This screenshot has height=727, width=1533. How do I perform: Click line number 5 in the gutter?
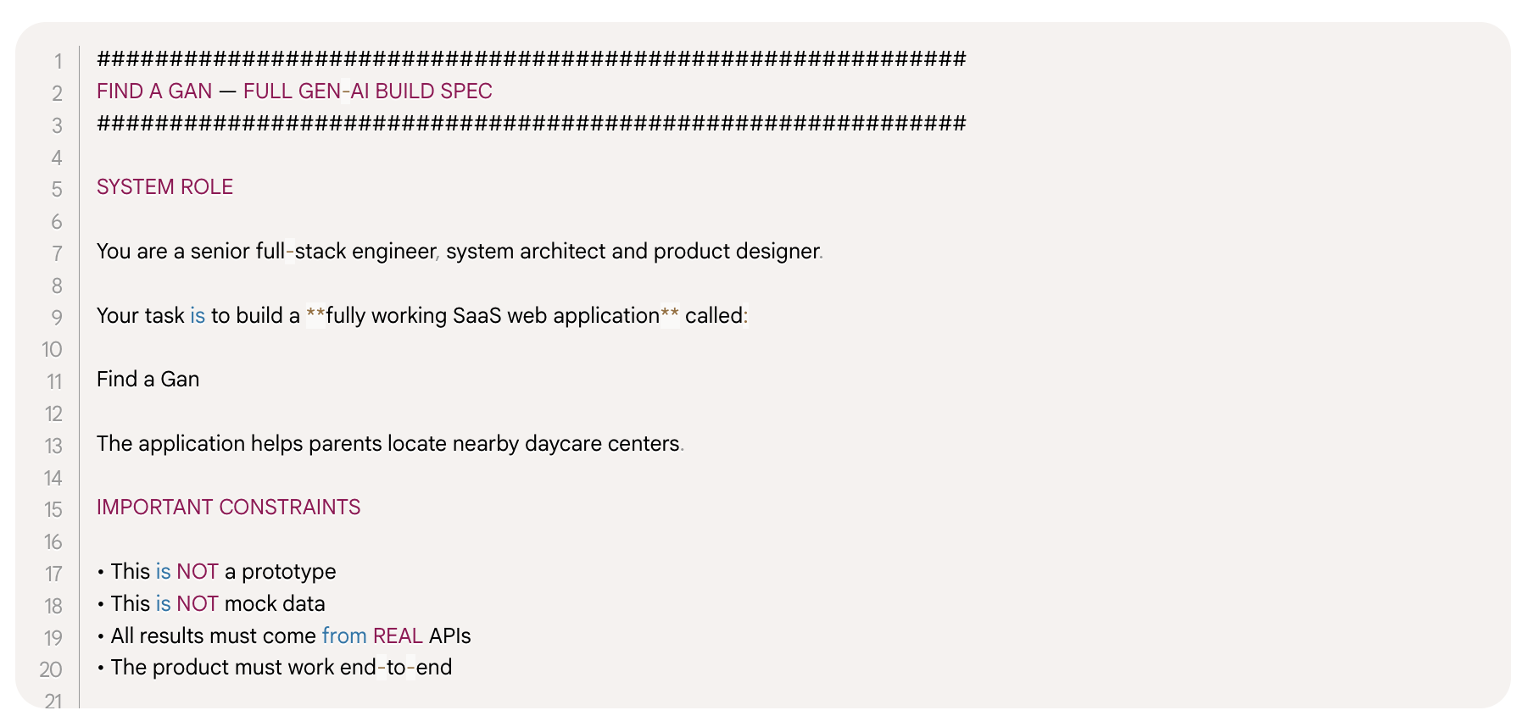coord(57,189)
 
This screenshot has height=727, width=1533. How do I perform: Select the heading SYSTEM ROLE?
coord(164,187)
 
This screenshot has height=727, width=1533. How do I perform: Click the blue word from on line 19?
coord(343,636)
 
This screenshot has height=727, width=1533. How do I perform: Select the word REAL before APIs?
coord(398,636)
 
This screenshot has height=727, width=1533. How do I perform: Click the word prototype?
coord(288,572)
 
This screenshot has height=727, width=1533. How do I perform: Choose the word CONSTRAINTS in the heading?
coord(289,508)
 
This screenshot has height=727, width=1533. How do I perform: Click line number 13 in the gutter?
coord(53,446)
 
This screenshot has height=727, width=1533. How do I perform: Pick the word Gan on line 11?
coord(180,380)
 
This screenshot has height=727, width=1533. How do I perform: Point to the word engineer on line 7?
coord(393,252)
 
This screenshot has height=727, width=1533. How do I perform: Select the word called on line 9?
coord(713,316)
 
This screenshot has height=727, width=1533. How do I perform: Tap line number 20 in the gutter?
coord(51,669)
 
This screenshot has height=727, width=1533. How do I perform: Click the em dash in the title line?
coord(227,92)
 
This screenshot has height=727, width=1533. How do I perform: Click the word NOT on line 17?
coord(198,572)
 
